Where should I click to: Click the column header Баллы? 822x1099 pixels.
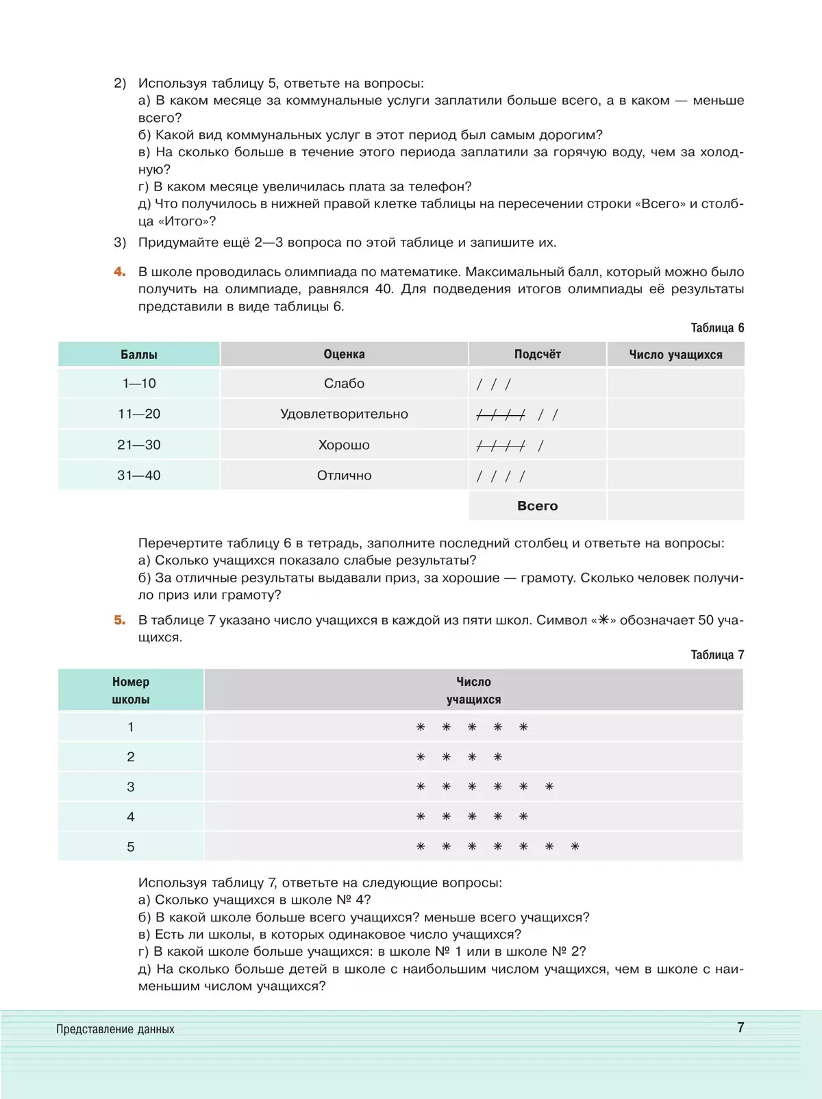click(139, 354)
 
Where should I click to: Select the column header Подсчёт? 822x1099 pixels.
click(538, 354)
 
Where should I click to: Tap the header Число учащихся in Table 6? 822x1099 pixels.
click(675, 354)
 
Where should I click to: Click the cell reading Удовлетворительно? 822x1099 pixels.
click(344, 414)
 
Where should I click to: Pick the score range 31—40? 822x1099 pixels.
click(139, 476)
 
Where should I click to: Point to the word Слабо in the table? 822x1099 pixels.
click(344, 384)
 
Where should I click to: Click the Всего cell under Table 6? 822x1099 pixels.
click(538, 506)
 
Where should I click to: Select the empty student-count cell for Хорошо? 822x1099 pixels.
click(675, 445)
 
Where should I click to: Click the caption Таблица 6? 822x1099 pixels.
click(717, 328)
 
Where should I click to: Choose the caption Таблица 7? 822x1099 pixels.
click(717, 655)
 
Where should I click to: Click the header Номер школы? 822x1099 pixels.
click(131, 690)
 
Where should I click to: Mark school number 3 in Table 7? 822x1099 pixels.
click(131, 787)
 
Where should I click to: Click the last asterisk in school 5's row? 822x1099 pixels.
click(575, 847)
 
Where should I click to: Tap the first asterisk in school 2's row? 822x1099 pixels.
click(421, 757)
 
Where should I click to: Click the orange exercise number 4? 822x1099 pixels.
click(120, 272)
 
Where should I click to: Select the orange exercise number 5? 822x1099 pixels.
click(120, 620)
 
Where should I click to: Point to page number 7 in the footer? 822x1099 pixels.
click(740, 1027)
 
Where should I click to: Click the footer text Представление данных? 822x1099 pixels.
click(115, 1029)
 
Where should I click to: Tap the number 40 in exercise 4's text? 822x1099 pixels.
click(384, 289)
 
